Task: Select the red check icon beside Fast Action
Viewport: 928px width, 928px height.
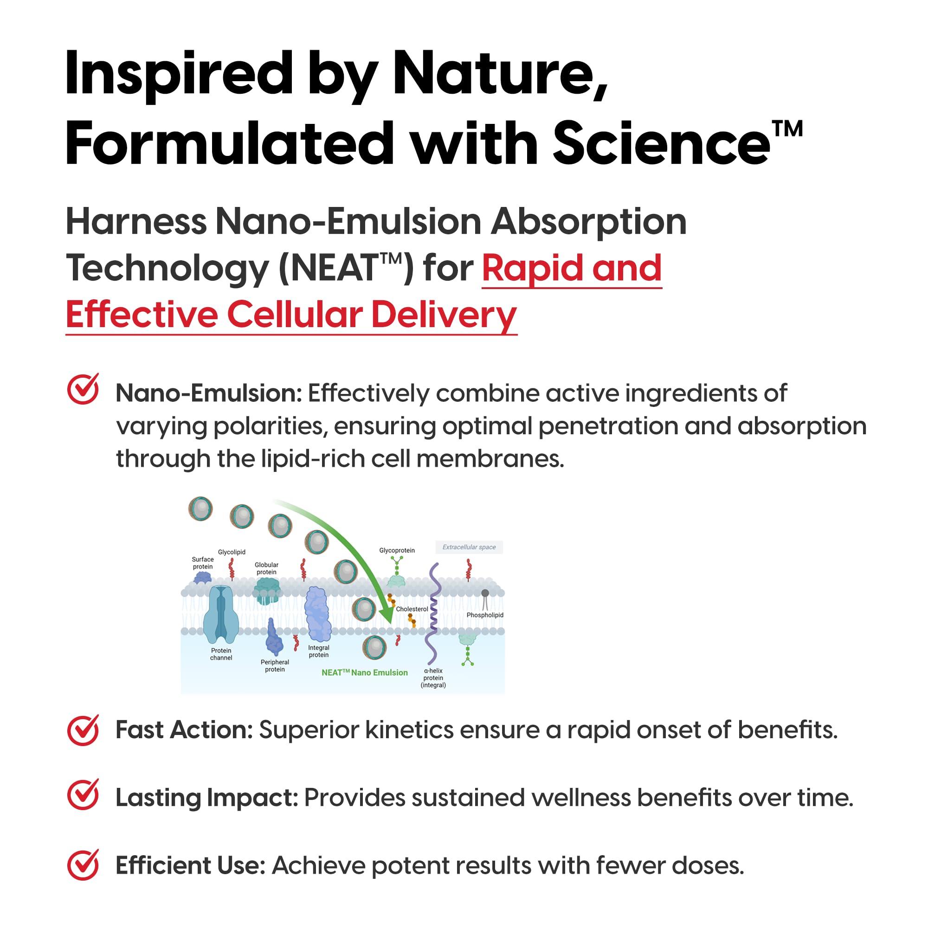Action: pyautogui.click(x=83, y=729)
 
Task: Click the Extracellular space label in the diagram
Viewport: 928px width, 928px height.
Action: pyautogui.click(x=469, y=547)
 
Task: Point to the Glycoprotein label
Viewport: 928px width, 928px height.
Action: pyautogui.click(x=397, y=550)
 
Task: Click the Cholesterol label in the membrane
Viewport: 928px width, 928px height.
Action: pyautogui.click(x=412, y=609)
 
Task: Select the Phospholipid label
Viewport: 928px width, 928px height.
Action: pyautogui.click(x=485, y=615)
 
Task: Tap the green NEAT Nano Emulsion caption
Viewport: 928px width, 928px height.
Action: pyautogui.click(x=365, y=672)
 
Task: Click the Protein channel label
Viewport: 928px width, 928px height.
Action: pyautogui.click(x=221, y=654)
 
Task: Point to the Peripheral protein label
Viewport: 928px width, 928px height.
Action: pyautogui.click(x=275, y=666)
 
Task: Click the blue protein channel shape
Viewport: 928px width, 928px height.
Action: pyautogui.click(x=221, y=614)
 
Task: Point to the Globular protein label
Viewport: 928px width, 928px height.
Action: pyautogui.click(x=267, y=569)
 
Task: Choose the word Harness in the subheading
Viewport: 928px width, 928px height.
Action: pyautogui.click(x=136, y=222)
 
